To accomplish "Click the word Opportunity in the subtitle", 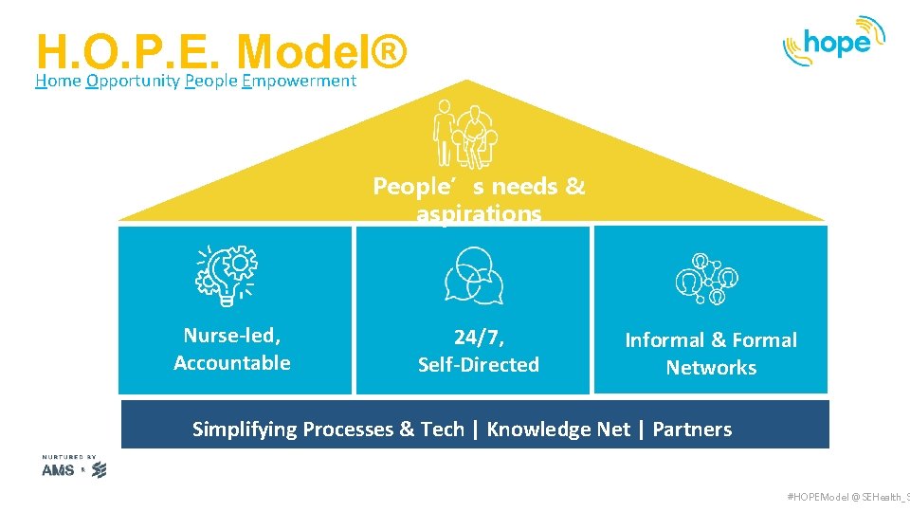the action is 132,81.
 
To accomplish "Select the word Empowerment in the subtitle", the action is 299,81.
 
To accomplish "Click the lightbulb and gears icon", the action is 227,275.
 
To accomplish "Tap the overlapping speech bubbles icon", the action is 474,276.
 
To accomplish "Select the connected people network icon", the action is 706,279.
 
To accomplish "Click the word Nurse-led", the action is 232,335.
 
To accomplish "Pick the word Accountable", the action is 232,362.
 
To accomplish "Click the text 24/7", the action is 479,337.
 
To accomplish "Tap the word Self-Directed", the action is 479,364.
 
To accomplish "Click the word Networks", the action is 711,367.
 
